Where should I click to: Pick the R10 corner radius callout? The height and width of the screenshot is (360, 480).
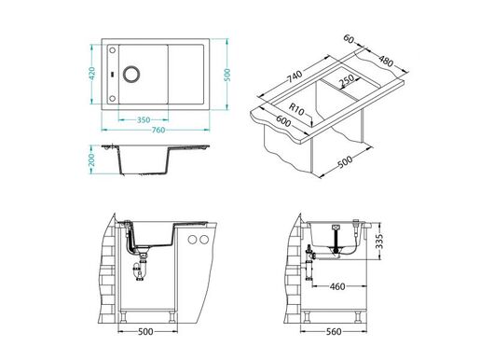296,109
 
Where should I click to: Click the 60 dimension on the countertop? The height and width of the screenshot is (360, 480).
349,41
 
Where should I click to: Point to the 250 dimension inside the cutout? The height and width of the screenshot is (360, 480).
346,81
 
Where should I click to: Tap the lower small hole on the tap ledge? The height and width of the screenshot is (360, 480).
113,98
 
